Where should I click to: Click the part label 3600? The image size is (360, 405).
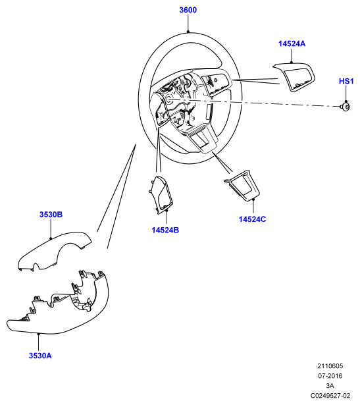[188, 10]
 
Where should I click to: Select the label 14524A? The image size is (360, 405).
[292, 43]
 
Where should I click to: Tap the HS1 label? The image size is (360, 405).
[346, 81]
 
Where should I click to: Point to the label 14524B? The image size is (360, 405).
[165, 230]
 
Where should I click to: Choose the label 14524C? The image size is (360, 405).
[252, 219]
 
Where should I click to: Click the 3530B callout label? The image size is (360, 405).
[51, 215]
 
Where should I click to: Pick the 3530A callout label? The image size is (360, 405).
[40, 356]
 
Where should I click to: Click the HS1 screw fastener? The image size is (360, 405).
[346, 107]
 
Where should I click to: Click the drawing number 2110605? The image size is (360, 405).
[330, 366]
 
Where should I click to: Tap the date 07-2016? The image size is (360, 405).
[330, 376]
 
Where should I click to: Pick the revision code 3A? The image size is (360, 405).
[330, 386]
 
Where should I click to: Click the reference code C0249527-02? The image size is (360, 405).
[330, 395]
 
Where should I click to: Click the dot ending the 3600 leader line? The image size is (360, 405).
[188, 32]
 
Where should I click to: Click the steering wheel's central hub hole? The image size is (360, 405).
[170, 99]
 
